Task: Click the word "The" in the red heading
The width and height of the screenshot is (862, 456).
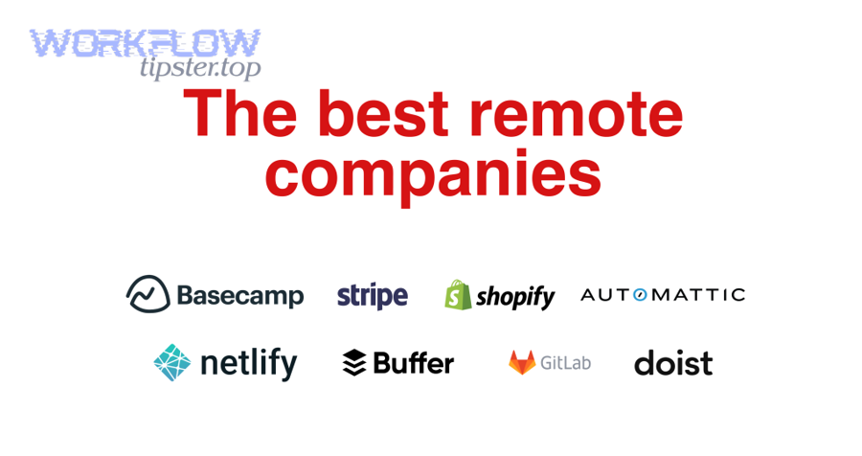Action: click(239, 114)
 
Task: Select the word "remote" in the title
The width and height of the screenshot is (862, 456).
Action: click(577, 116)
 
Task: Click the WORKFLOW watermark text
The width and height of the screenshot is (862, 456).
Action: click(146, 43)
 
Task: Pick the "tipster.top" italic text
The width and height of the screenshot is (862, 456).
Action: click(200, 68)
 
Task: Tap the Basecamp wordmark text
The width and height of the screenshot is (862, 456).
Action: click(240, 296)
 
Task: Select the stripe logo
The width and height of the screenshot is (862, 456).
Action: click(373, 296)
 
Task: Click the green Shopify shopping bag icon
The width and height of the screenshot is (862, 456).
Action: click(458, 295)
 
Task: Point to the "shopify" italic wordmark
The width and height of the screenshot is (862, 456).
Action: click(515, 297)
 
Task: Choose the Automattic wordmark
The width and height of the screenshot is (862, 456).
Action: click(663, 295)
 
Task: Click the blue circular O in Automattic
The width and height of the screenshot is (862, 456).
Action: click(640, 295)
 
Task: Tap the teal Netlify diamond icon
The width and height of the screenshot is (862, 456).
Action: click(172, 363)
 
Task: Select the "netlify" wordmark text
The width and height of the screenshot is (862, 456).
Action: click(248, 364)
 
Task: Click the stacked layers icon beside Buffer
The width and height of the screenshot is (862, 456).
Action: click(354, 363)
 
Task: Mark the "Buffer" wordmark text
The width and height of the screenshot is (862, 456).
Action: click(414, 363)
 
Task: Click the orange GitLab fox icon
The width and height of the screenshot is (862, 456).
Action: click(522, 363)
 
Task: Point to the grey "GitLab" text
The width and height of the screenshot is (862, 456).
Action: click(566, 363)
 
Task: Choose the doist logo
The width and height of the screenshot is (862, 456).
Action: click(673, 363)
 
